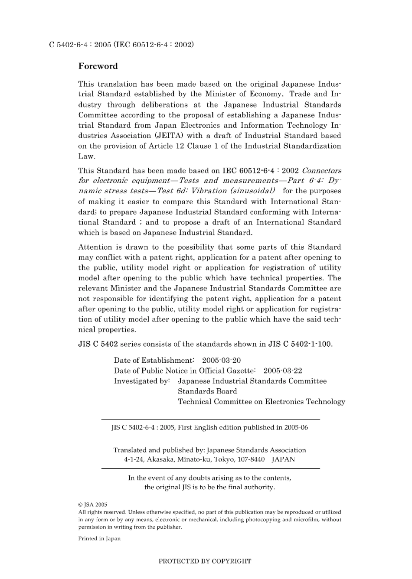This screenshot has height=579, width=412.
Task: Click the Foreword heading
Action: click(98, 66)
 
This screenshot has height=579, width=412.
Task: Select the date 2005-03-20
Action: click(221, 360)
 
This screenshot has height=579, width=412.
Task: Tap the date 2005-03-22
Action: click(283, 371)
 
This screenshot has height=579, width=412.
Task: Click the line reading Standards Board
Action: click(207, 391)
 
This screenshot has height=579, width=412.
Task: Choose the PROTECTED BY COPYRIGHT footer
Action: click(205, 561)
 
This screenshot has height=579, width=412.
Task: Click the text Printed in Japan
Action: click(99, 539)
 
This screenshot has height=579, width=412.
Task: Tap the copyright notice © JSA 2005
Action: click(92, 504)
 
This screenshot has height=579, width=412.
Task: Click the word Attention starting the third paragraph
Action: click(95, 247)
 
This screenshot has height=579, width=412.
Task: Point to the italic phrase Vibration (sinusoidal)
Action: click(234, 191)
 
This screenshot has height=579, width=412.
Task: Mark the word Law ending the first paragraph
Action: click(86, 156)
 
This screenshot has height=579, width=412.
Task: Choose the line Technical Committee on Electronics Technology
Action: click(262, 401)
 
